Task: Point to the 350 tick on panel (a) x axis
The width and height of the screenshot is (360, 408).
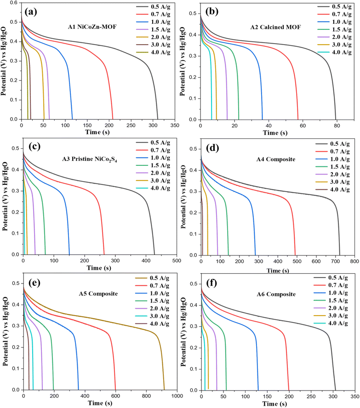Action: tap(174, 125)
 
